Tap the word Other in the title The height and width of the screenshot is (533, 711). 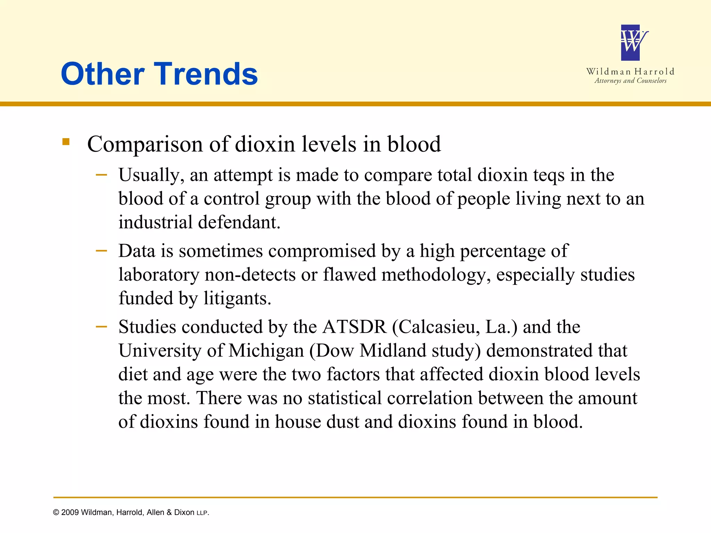click(x=102, y=74)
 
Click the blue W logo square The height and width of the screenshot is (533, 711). click(x=630, y=43)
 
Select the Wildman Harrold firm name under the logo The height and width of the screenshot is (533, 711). click(x=630, y=71)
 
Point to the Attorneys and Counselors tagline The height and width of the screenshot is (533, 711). click(x=630, y=81)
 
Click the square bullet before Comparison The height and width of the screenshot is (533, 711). click(x=66, y=142)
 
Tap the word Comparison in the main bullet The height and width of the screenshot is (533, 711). click(x=145, y=144)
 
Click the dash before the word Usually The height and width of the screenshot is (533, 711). click(x=101, y=175)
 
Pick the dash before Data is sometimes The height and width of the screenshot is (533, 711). click(x=101, y=251)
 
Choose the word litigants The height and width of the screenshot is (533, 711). click(x=237, y=298)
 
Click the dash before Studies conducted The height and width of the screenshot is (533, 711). click(x=101, y=327)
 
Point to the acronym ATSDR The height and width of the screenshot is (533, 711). click(x=354, y=327)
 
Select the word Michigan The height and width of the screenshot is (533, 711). click(x=266, y=350)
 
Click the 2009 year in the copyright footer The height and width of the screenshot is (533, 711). click(x=70, y=513)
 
